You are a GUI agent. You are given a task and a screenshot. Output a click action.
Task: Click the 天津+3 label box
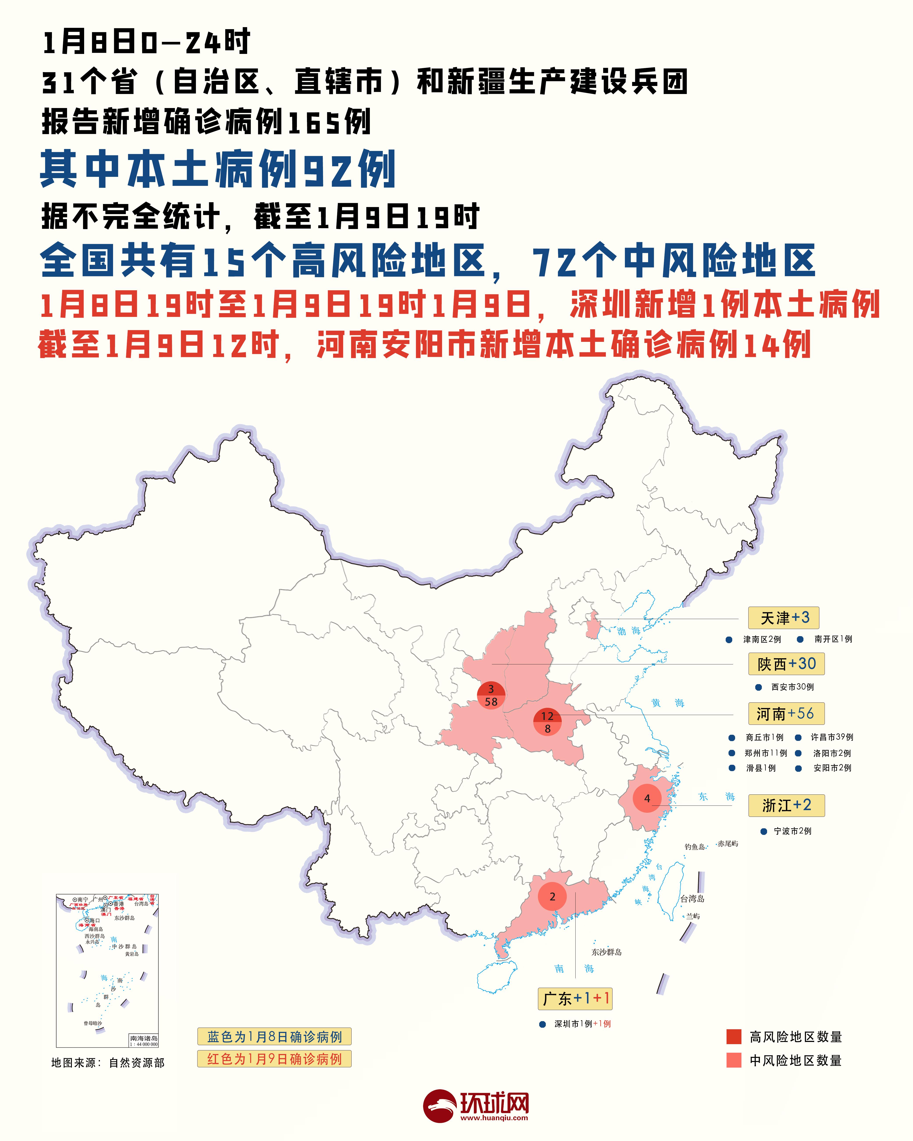(x=783, y=618)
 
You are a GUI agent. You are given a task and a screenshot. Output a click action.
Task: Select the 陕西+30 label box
(x=786, y=664)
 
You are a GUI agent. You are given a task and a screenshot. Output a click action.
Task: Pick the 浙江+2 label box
(x=786, y=805)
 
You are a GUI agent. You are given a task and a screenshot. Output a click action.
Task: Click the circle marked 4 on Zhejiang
(x=647, y=798)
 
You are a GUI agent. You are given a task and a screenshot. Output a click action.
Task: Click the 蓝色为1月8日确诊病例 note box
(x=274, y=1036)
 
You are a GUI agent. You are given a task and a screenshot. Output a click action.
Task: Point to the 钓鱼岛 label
(x=694, y=847)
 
